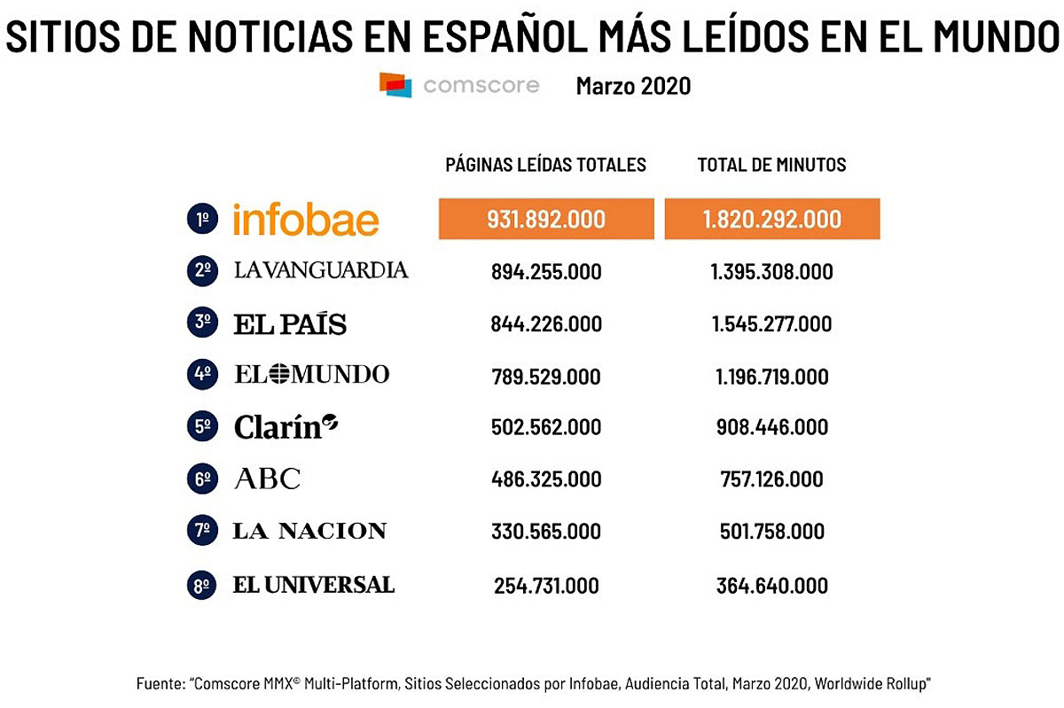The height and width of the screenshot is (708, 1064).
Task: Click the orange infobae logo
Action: click(x=306, y=220)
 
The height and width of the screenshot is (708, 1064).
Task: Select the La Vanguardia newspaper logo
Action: click(x=321, y=270)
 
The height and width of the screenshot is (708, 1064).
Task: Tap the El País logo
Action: click(x=290, y=323)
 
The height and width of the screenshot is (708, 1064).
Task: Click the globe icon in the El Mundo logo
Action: click(x=279, y=375)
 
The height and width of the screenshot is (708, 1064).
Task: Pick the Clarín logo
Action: click(x=286, y=427)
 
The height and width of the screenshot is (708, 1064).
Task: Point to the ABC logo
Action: click(x=267, y=479)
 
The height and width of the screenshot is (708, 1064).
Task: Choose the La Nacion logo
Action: click(x=309, y=532)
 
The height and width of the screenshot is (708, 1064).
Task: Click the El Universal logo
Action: click(x=313, y=585)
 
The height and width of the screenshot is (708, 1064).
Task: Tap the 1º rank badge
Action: click(x=202, y=220)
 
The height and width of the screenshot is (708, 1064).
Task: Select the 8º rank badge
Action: click(x=202, y=586)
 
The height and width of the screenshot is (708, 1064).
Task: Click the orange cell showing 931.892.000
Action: click(x=545, y=219)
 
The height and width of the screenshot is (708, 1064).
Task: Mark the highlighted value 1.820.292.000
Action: click(x=771, y=219)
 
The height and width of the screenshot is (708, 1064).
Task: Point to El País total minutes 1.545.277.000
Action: click(x=771, y=324)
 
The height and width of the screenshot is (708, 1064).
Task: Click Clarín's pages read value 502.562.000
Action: click(x=545, y=428)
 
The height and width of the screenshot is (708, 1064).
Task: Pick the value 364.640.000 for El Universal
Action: click(x=771, y=586)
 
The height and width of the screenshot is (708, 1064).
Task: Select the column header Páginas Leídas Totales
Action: click(x=545, y=165)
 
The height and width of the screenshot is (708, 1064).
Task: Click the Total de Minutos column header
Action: click(x=771, y=165)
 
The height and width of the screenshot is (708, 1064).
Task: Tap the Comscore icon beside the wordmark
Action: click(x=395, y=85)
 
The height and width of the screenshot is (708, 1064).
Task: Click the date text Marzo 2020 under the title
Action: click(x=633, y=86)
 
